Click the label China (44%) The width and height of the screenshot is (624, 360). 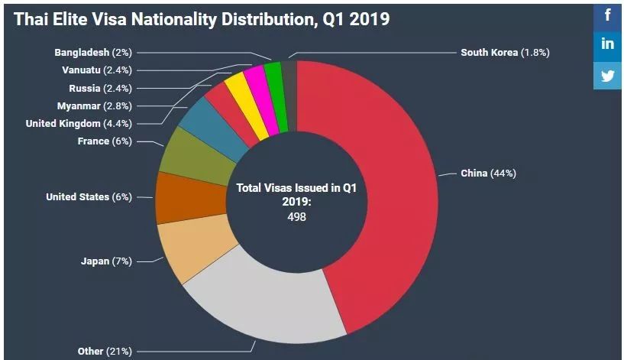point(488,174)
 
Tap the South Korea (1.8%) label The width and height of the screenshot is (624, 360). point(505,53)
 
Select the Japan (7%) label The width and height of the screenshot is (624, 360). point(106,261)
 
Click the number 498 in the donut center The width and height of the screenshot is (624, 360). point(296,216)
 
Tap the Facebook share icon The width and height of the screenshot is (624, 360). point(608,15)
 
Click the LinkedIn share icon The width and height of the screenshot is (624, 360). point(608,44)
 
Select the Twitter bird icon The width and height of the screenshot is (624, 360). point(608,76)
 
